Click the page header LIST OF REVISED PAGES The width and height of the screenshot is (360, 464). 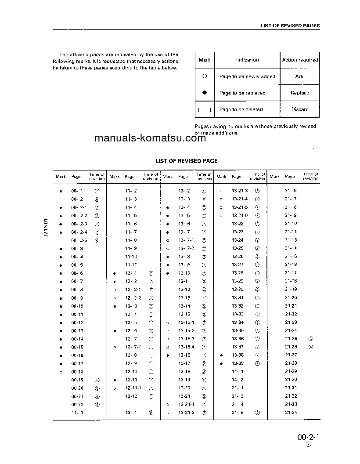pyautogui.click(x=290, y=25)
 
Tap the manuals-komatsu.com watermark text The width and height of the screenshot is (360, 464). pyautogui.click(x=150, y=139)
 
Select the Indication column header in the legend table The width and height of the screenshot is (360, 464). pyautogui.click(x=247, y=60)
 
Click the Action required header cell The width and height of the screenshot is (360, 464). pyautogui.click(x=300, y=60)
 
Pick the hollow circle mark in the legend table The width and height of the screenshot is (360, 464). pyautogui.click(x=205, y=76)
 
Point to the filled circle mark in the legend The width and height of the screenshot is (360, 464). pyautogui.click(x=205, y=93)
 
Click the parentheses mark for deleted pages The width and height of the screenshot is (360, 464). pyautogui.click(x=205, y=110)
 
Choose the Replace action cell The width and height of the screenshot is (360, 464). pyautogui.click(x=300, y=93)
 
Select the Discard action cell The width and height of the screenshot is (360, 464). pyautogui.click(x=300, y=110)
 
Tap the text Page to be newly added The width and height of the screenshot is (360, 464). pyautogui.click(x=247, y=76)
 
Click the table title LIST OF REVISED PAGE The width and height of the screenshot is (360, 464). pyautogui.click(x=187, y=161)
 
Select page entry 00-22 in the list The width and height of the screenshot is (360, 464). pyautogui.click(x=77, y=405)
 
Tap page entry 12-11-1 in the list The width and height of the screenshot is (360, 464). pyautogui.click(x=133, y=388)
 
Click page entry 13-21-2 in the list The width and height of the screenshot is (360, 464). pyautogui.click(x=186, y=413)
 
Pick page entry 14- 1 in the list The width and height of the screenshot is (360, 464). pyautogui.click(x=238, y=372)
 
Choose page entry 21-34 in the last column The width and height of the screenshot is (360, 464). pyautogui.click(x=291, y=413)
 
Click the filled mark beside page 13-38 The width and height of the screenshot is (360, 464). pyautogui.click(x=222, y=355)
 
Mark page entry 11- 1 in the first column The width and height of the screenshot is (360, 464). pyautogui.click(x=77, y=413)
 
